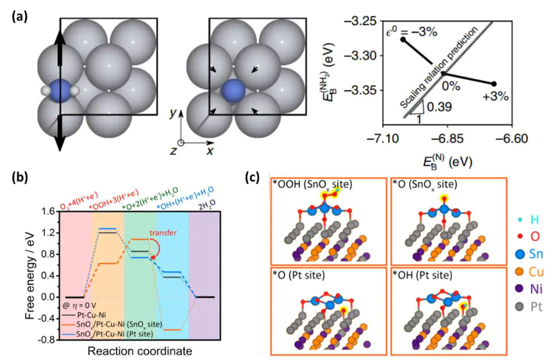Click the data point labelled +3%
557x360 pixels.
[x=494, y=84]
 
